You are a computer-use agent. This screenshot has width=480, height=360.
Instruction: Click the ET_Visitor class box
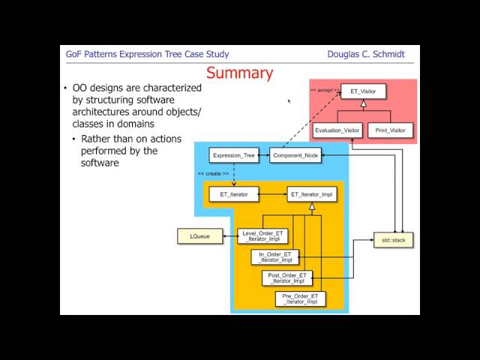pos(363,91)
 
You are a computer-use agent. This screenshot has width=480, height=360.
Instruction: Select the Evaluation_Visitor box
pos(337,130)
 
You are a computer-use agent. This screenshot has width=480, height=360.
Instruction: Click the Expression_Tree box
pos(235,156)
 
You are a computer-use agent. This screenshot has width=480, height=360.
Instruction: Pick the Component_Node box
pos(295,156)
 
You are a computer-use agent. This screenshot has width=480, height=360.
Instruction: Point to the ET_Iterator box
pos(233,194)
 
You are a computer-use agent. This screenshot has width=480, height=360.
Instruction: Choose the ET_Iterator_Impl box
pos(312,194)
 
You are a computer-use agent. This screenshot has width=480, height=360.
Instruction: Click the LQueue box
pos(199,236)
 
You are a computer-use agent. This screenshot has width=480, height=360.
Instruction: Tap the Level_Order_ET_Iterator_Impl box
pos(262,236)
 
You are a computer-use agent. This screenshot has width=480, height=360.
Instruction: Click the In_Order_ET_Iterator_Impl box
pos(274,257)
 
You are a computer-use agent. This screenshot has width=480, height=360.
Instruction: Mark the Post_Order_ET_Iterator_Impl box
pos(286,278)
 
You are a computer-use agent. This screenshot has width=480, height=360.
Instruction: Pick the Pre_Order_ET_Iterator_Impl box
pos(300,299)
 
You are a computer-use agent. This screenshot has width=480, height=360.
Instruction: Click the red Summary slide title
pos(239,73)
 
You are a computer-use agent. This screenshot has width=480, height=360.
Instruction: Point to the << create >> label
pos(213,173)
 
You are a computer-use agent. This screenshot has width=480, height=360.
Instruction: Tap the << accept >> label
pos(325,89)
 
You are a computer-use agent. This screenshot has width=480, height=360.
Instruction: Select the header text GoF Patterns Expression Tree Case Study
pos(148,54)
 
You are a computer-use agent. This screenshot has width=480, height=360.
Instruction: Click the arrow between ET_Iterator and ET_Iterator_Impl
pos(272,194)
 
